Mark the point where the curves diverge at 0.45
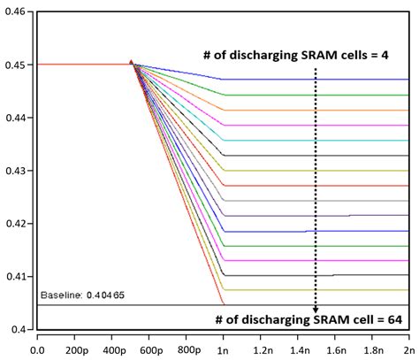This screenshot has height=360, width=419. [132, 64]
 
